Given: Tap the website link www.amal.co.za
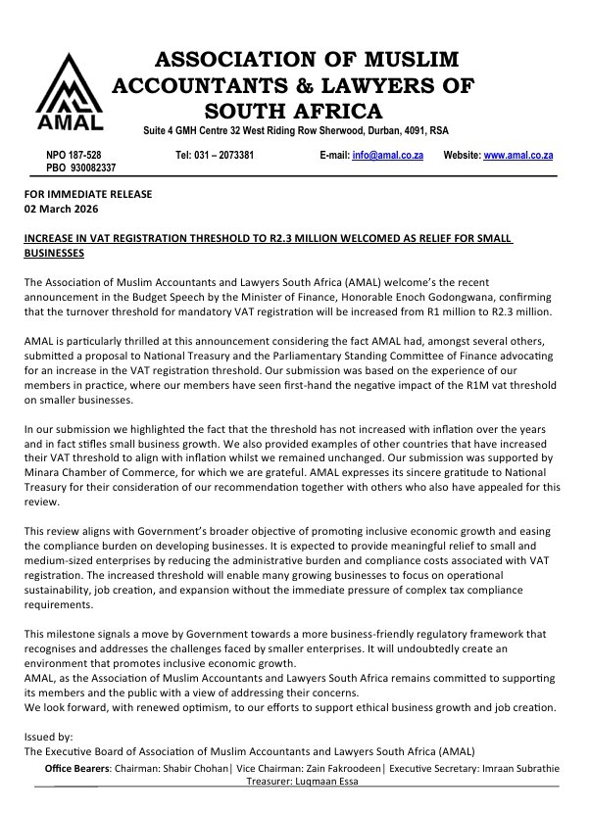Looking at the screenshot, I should pos(518,156).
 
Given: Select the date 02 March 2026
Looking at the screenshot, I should pos(61,210).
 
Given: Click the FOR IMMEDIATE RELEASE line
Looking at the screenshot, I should pos(87,194).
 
